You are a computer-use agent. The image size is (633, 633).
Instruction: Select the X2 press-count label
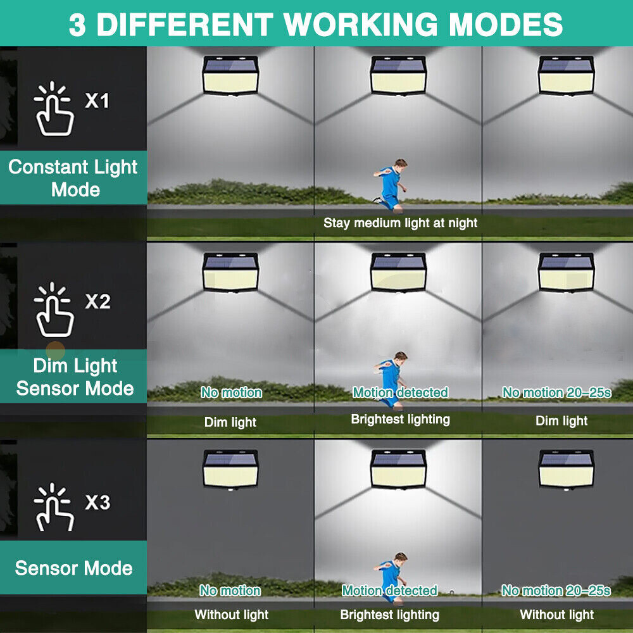click(x=97, y=301)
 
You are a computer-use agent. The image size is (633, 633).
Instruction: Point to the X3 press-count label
click(x=97, y=503)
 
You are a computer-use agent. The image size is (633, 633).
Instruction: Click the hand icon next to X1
click(x=54, y=110)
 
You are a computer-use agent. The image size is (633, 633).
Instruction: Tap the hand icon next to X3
click(x=54, y=507)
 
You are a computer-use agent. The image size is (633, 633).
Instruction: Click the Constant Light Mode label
click(x=73, y=178)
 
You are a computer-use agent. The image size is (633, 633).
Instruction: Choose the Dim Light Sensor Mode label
click(x=75, y=377)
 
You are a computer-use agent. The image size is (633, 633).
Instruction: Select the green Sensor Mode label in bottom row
click(x=73, y=568)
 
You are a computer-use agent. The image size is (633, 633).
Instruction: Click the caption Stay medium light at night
click(x=400, y=223)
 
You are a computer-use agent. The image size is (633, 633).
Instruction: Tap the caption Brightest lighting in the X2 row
click(x=400, y=419)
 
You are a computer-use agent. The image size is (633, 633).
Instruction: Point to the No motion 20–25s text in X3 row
click(x=556, y=591)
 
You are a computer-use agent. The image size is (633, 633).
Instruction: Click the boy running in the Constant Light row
click(x=389, y=184)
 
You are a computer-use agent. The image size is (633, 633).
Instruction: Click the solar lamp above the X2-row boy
click(x=398, y=272)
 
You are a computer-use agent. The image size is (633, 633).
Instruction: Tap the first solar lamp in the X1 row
click(x=230, y=75)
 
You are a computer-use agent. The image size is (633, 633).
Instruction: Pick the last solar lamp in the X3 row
click(x=566, y=468)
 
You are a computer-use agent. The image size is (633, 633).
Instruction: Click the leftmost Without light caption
click(x=231, y=615)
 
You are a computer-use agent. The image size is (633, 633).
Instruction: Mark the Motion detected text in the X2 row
click(x=400, y=392)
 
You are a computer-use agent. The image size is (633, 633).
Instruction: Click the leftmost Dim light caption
click(x=230, y=422)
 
